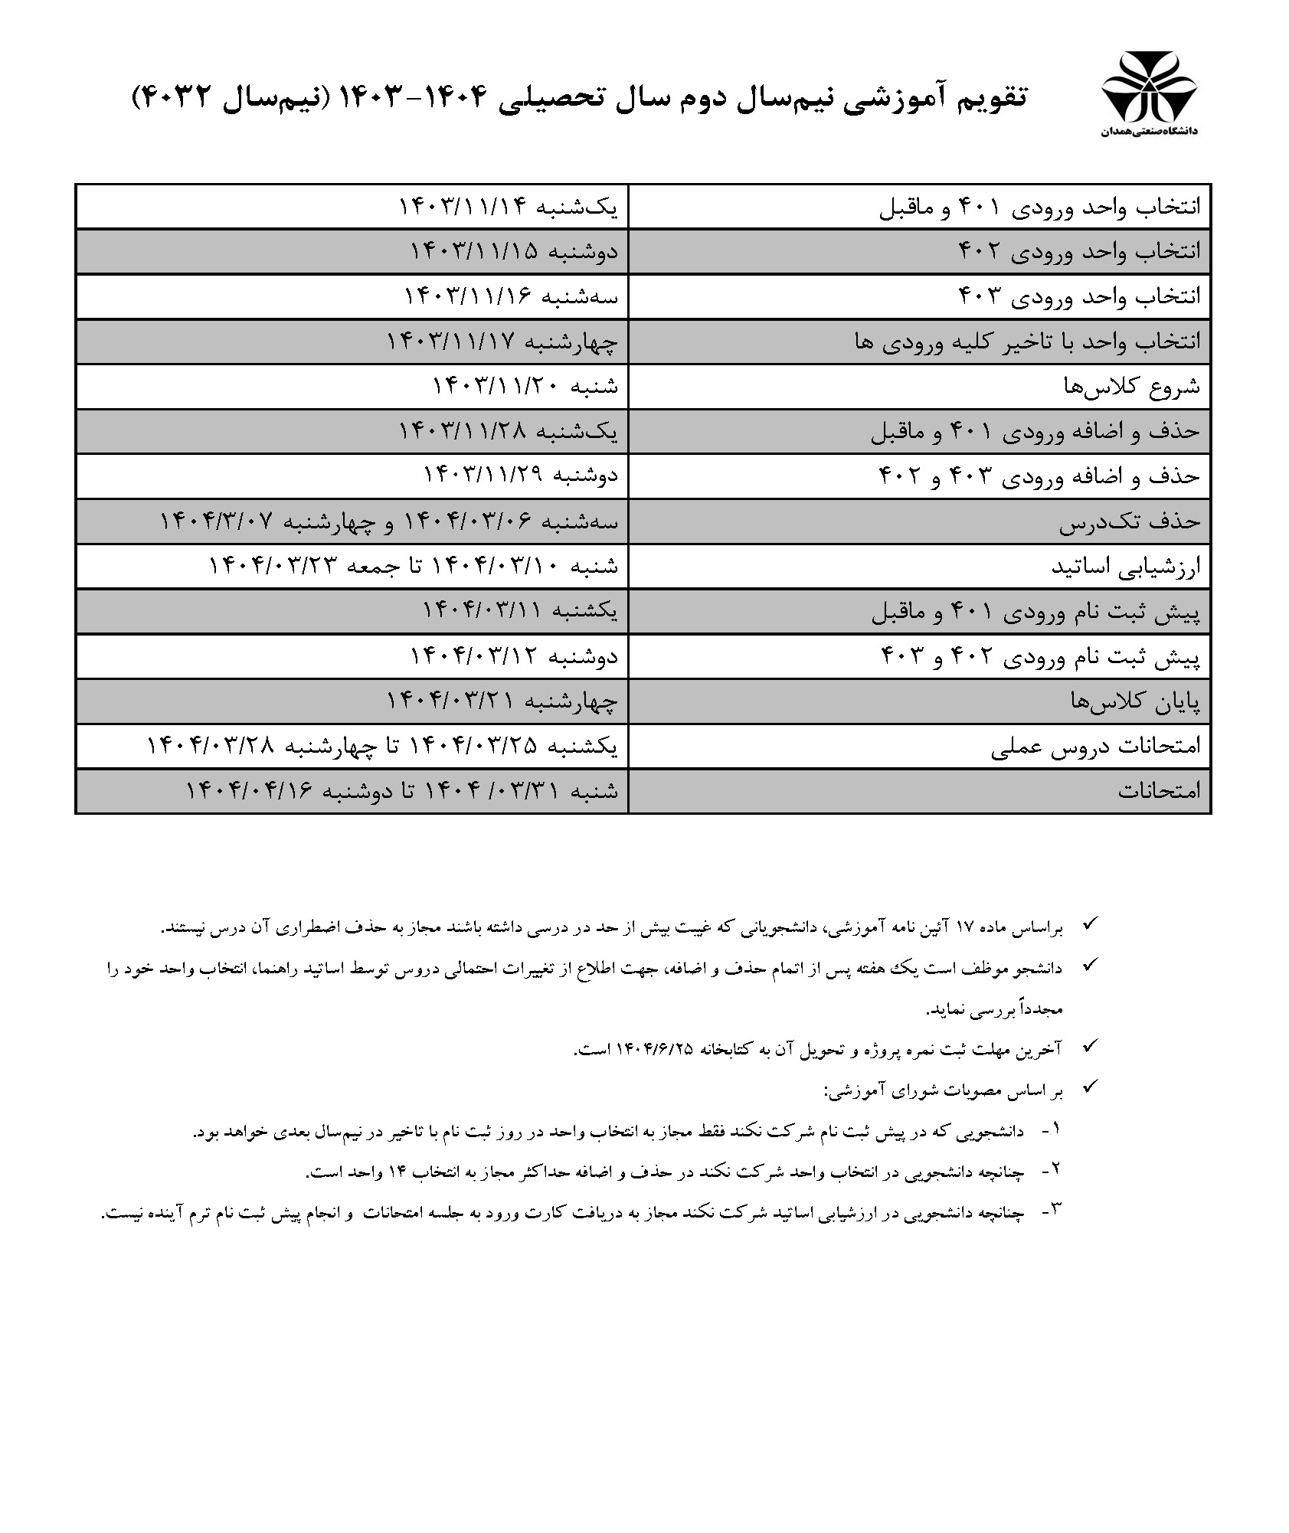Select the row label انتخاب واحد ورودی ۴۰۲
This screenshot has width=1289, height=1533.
(x=1080, y=251)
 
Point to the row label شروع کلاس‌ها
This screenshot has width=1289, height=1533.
(x=1132, y=387)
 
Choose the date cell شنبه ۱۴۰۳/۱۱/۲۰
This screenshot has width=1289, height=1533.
(x=525, y=387)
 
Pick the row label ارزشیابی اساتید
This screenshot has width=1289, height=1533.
(x=1126, y=567)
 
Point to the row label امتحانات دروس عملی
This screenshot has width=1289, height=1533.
(x=1096, y=747)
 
